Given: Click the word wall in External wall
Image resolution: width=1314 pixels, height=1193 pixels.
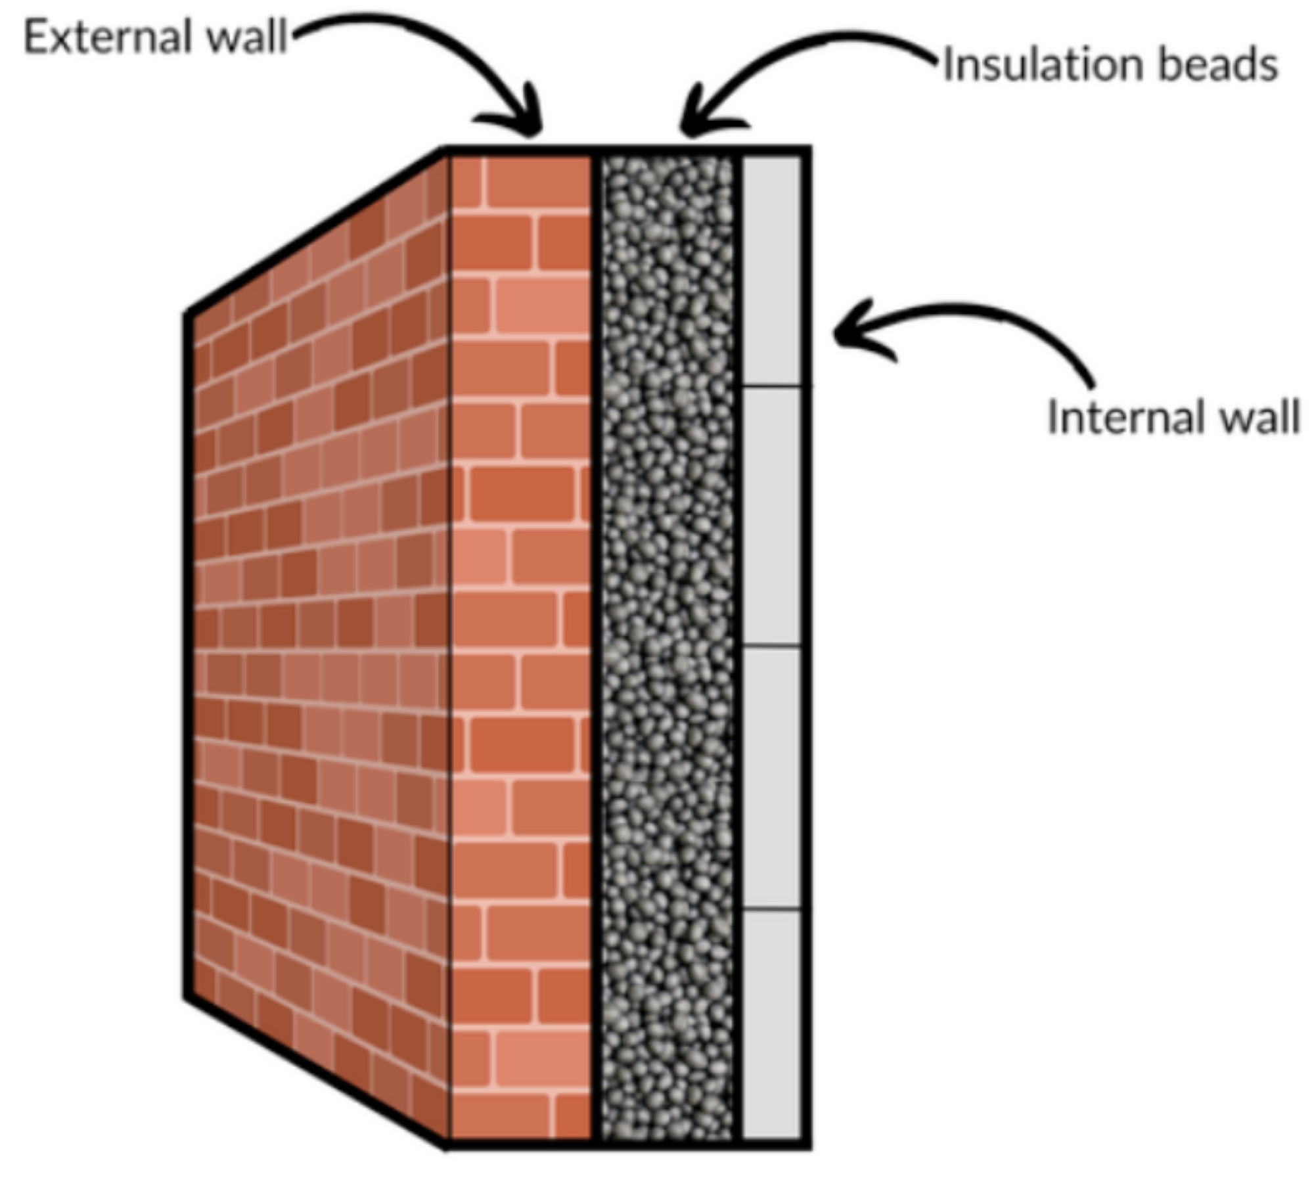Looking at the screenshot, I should pyautogui.click(x=246, y=37).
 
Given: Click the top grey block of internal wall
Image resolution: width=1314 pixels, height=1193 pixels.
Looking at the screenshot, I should pyautogui.click(x=773, y=269).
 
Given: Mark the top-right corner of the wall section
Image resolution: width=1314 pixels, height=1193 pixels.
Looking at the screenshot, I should pyautogui.click(x=808, y=150).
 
